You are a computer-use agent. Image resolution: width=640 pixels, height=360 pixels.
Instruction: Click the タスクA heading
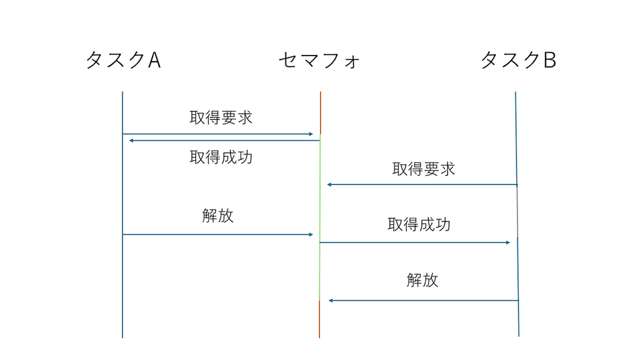click(x=123, y=60)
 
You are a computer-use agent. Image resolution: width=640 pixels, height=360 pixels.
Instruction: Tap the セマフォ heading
click(x=319, y=61)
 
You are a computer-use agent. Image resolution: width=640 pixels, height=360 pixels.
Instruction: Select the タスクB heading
click(x=518, y=60)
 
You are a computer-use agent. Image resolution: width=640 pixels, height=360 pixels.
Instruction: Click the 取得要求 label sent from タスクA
click(x=221, y=117)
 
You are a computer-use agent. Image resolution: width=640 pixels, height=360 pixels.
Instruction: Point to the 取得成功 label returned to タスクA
click(x=221, y=157)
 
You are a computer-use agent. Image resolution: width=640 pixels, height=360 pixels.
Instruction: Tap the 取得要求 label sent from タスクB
click(x=423, y=169)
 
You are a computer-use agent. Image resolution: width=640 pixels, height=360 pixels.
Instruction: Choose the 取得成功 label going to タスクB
click(x=419, y=224)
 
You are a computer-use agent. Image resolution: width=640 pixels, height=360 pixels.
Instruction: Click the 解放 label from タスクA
click(x=217, y=216)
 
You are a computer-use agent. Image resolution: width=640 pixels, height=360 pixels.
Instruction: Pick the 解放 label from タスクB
click(x=422, y=280)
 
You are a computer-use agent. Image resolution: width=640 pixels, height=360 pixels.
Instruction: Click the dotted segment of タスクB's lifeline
click(x=517, y=211)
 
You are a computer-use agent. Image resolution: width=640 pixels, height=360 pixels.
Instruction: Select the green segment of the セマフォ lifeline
click(x=319, y=217)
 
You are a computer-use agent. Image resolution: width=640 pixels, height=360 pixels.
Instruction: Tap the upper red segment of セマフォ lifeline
click(x=321, y=112)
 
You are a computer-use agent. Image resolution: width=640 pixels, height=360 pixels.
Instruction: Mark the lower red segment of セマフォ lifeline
click(x=319, y=319)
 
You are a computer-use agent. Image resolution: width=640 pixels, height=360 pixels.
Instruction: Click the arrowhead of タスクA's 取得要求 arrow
click(x=311, y=134)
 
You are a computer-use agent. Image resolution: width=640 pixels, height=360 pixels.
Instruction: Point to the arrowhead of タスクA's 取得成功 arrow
click(x=131, y=141)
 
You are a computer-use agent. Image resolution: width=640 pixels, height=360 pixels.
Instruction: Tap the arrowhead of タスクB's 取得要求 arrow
click(x=329, y=184)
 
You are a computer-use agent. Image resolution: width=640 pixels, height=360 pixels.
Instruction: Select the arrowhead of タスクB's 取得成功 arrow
click(x=508, y=242)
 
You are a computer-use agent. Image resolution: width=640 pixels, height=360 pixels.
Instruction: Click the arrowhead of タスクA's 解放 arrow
click(x=311, y=234)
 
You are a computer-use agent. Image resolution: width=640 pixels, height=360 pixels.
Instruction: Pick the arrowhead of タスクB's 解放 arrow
click(x=331, y=301)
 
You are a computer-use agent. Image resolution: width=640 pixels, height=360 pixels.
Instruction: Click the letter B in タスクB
click(x=550, y=60)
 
